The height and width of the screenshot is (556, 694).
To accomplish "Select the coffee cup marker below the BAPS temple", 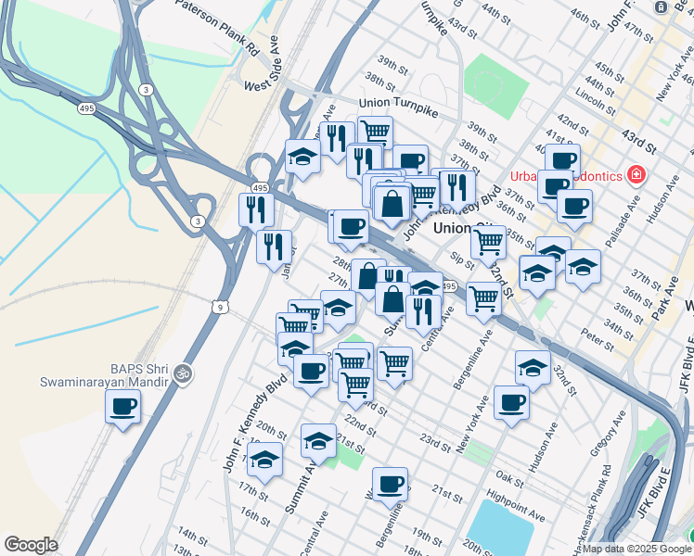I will click(x=122, y=406).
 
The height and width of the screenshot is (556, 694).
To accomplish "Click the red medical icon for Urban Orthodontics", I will click(x=636, y=174).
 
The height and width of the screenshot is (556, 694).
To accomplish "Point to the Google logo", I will click(x=31, y=545).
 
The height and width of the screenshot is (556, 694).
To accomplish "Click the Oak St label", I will click(x=509, y=476).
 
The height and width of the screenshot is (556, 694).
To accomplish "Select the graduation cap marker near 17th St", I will click(x=265, y=461).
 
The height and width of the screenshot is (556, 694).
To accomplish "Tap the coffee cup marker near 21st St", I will click(x=390, y=482).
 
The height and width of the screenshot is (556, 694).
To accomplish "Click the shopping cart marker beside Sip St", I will click(x=488, y=242).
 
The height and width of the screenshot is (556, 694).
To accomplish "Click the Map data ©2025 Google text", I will click(x=636, y=549).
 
